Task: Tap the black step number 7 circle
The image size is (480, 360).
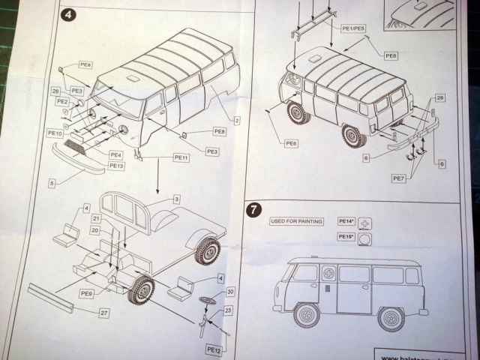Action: coord(254,210)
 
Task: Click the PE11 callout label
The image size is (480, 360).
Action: coord(181,157)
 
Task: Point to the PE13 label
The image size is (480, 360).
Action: coord(115,166)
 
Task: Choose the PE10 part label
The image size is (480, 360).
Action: coord(55,133)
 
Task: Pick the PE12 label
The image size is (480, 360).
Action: coord(214,349)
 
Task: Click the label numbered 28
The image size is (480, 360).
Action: coord(440,98)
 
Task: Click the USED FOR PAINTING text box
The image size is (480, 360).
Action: coord(297,221)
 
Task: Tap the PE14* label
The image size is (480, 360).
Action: coord(344,221)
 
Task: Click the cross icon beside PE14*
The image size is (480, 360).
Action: coord(366,223)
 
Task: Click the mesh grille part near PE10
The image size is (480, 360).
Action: coord(77,142)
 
